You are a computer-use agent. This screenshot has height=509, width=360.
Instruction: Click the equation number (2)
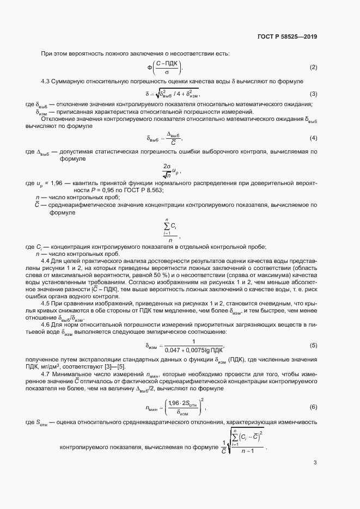[x=313, y=68]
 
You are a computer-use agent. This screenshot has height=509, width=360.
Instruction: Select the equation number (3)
[x=313, y=94]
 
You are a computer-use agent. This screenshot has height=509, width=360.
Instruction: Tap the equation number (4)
[x=313, y=138]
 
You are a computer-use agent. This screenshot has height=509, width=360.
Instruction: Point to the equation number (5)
[x=313, y=345]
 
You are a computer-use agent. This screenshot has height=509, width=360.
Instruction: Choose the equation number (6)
[x=313, y=407]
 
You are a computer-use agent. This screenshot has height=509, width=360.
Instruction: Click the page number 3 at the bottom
[x=315, y=463]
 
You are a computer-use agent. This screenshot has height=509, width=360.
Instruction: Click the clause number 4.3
[x=46, y=81]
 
